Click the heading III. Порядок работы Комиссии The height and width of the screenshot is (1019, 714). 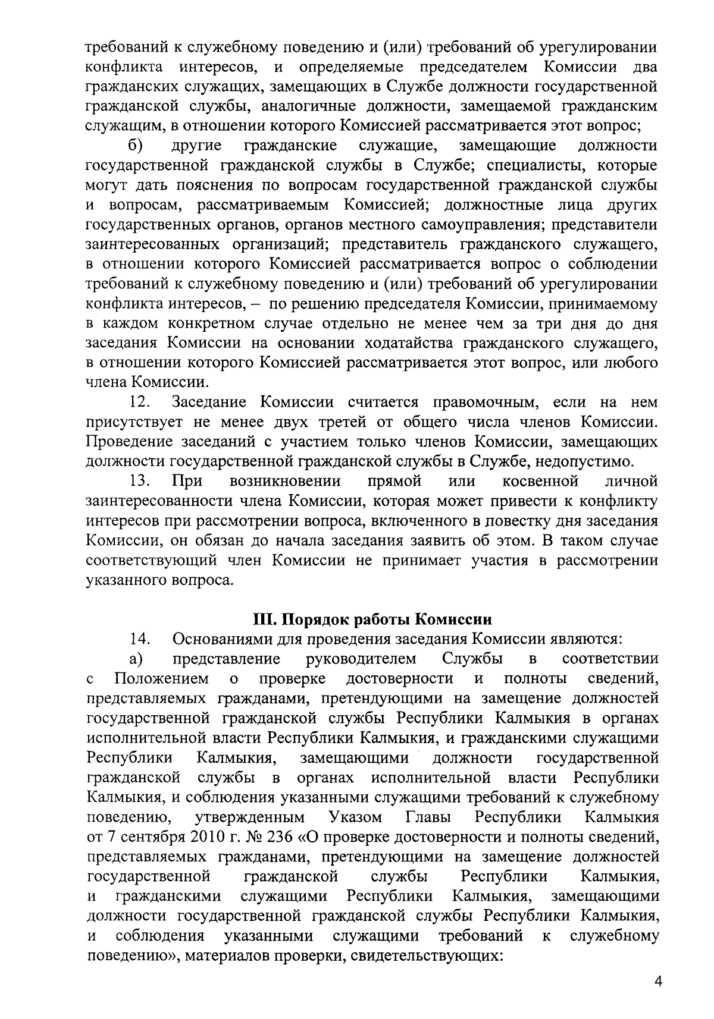tap(372, 619)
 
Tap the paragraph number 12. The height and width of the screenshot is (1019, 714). tap(139, 402)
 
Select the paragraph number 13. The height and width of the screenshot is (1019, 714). tap(139, 480)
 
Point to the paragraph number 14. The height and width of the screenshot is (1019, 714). tap(139, 639)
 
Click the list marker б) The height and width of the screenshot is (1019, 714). tap(134, 146)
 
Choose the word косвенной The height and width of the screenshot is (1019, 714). tap(540, 480)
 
